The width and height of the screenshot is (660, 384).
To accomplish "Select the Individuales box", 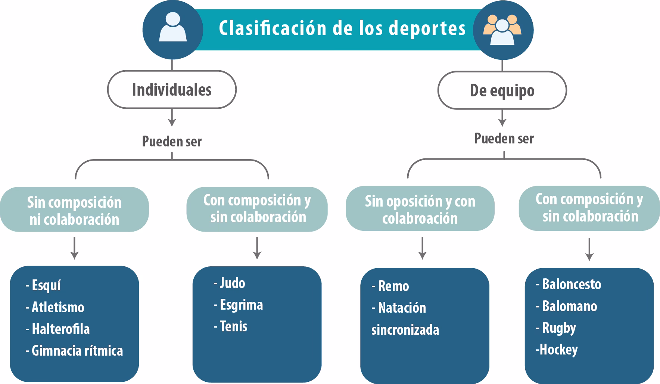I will point(172,90).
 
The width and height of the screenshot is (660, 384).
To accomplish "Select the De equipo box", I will point(502,91).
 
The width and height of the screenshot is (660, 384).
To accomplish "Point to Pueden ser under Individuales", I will point(172,142).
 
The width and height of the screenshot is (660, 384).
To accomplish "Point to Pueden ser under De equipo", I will point(504,139).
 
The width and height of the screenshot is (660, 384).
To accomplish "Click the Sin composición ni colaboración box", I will point(74,210).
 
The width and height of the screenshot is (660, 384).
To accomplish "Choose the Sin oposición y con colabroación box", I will point(420,210).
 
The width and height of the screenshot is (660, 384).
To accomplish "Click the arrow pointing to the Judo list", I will point(257,248).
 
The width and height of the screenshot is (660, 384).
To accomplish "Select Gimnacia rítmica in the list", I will point(77,351).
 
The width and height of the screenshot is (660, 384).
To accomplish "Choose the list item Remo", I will point(393,286).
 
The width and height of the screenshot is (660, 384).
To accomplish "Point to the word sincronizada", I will point(405,330).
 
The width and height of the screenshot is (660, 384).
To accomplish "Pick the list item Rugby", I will point(558,328).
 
